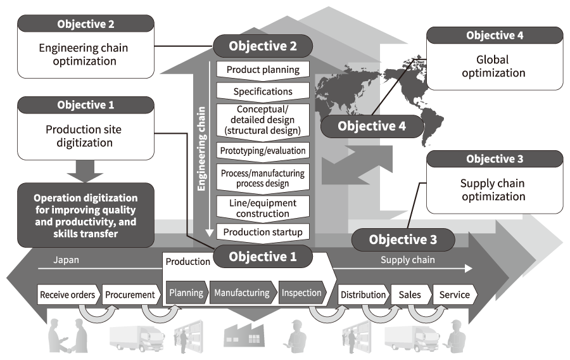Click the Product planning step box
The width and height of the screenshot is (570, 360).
click(263, 69)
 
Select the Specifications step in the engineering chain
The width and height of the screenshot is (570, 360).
click(263, 91)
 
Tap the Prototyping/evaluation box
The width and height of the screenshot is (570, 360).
click(263, 150)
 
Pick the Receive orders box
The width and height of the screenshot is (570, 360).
click(68, 294)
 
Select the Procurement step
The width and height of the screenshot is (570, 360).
click(130, 294)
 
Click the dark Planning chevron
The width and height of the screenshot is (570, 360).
click(186, 293)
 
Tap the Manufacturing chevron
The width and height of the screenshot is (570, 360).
click(242, 293)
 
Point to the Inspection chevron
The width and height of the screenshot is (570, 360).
click(301, 293)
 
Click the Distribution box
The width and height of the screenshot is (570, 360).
click(363, 294)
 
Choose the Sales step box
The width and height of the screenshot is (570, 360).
click(410, 294)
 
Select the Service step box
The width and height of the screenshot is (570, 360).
click(455, 294)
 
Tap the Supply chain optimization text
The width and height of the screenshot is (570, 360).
click(493, 190)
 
